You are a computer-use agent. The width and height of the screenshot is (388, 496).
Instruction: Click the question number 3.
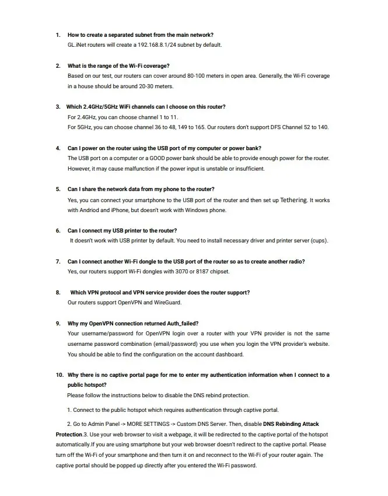tap(58, 107)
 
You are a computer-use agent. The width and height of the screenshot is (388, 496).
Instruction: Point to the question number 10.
tap(60, 375)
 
